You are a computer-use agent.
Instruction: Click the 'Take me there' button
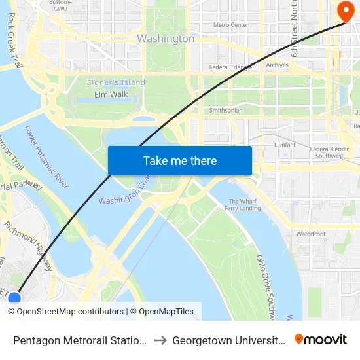coord(180,160)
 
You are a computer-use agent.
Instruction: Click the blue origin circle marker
coord(14,299)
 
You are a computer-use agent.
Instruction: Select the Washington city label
coord(166,39)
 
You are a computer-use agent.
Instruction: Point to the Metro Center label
coord(231,25)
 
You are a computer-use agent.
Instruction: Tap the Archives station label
coord(277,65)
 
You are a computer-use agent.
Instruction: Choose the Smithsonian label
coord(226,110)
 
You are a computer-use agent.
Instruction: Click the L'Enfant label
coord(285,144)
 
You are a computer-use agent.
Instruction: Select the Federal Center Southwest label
coord(329,153)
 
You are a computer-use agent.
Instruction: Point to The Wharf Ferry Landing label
coord(244,205)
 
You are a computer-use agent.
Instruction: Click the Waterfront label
coord(310,234)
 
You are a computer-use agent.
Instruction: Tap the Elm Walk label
coord(111,94)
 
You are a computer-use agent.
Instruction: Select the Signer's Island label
coord(116,82)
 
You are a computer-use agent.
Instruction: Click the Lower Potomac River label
coord(47,156)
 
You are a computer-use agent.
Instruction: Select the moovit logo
coord(321,339)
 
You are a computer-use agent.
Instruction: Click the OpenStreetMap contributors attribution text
coord(65,312)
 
